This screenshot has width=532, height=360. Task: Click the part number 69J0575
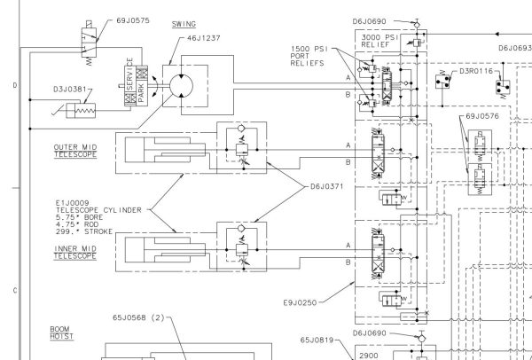coord(133,20)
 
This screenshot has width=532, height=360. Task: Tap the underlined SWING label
coord(184,23)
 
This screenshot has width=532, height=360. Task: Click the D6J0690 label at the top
coord(371,20)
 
